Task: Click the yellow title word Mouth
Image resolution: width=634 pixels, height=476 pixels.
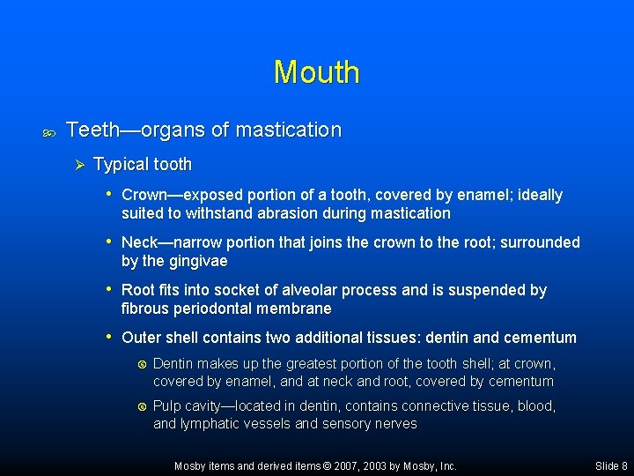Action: pos(316,72)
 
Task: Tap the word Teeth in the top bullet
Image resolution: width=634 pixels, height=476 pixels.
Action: pos(92,130)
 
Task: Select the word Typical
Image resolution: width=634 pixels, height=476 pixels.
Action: pos(121,165)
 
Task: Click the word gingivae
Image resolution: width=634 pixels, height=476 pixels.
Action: pos(201,262)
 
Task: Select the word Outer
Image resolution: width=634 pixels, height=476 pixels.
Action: pos(141,338)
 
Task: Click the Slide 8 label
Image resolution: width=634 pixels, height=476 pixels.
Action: pos(611,466)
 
